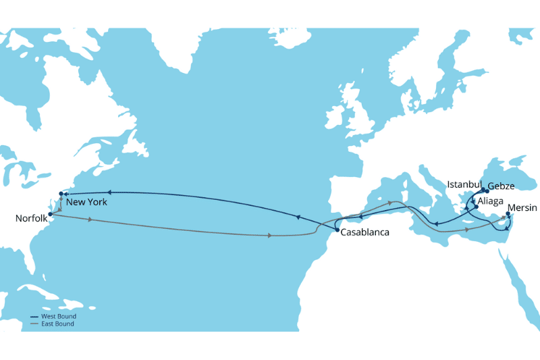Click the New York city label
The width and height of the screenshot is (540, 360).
(x=86, y=202)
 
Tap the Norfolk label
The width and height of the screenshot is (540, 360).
(x=30, y=218)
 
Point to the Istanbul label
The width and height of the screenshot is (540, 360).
(x=464, y=184)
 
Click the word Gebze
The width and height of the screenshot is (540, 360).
(x=500, y=186)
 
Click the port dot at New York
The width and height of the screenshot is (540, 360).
(x=61, y=194)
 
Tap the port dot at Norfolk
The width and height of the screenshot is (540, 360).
(x=51, y=214)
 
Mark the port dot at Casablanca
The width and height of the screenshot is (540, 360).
(x=336, y=231)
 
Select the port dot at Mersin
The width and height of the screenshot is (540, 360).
(x=508, y=215)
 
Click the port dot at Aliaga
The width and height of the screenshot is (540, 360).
(x=476, y=207)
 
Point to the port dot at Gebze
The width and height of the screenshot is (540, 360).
(x=486, y=191)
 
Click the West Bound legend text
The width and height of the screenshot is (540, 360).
(x=58, y=316)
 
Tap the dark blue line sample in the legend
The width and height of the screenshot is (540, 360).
(x=35, y=316)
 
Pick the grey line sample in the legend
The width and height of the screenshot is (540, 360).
(x=35, y=324)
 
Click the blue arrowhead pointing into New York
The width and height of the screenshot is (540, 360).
(x=66, y=194)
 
